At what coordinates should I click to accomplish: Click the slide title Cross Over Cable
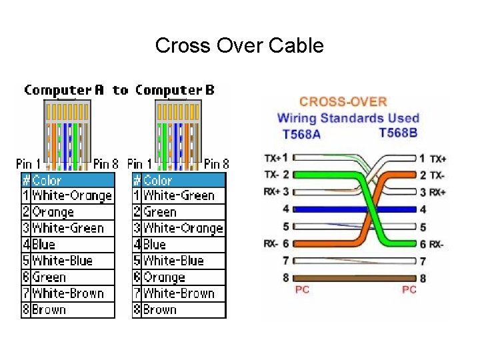(239, 45)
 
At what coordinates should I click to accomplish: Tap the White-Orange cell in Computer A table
(72, 196)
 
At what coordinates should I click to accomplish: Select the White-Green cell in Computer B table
(179, 196)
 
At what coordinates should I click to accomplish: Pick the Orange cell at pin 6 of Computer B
(164, 277)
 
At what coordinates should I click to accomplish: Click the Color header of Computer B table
(158, 180)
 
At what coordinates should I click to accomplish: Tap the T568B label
(398, 133)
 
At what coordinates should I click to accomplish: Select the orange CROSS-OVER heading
(343, 102)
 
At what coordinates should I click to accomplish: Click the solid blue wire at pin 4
(353, 209)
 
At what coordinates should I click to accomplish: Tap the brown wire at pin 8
(353, 277)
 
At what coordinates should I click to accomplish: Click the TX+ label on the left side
(272, 159)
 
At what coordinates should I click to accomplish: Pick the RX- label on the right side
(437, 244)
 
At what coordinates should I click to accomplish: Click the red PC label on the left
(302, 289)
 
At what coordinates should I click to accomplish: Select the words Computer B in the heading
(175, 90)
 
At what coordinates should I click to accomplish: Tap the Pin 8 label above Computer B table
(216, 163)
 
